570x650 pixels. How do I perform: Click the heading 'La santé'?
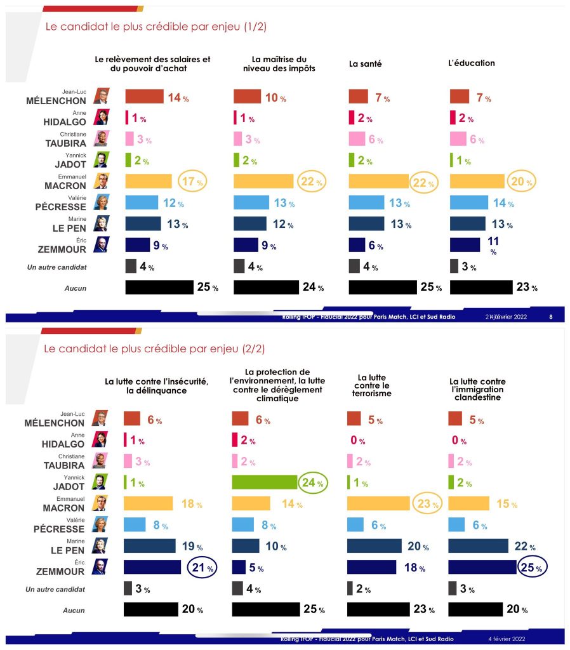(366, 63)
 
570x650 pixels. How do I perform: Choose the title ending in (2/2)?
(154, 348)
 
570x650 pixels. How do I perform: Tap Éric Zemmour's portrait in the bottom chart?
(100, 566)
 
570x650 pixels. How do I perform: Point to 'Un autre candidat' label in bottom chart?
(56, 589)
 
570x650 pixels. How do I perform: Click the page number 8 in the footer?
(550, 315)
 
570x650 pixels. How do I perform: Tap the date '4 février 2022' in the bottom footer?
(507, 639)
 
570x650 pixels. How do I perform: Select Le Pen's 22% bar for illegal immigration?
(478, 546)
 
